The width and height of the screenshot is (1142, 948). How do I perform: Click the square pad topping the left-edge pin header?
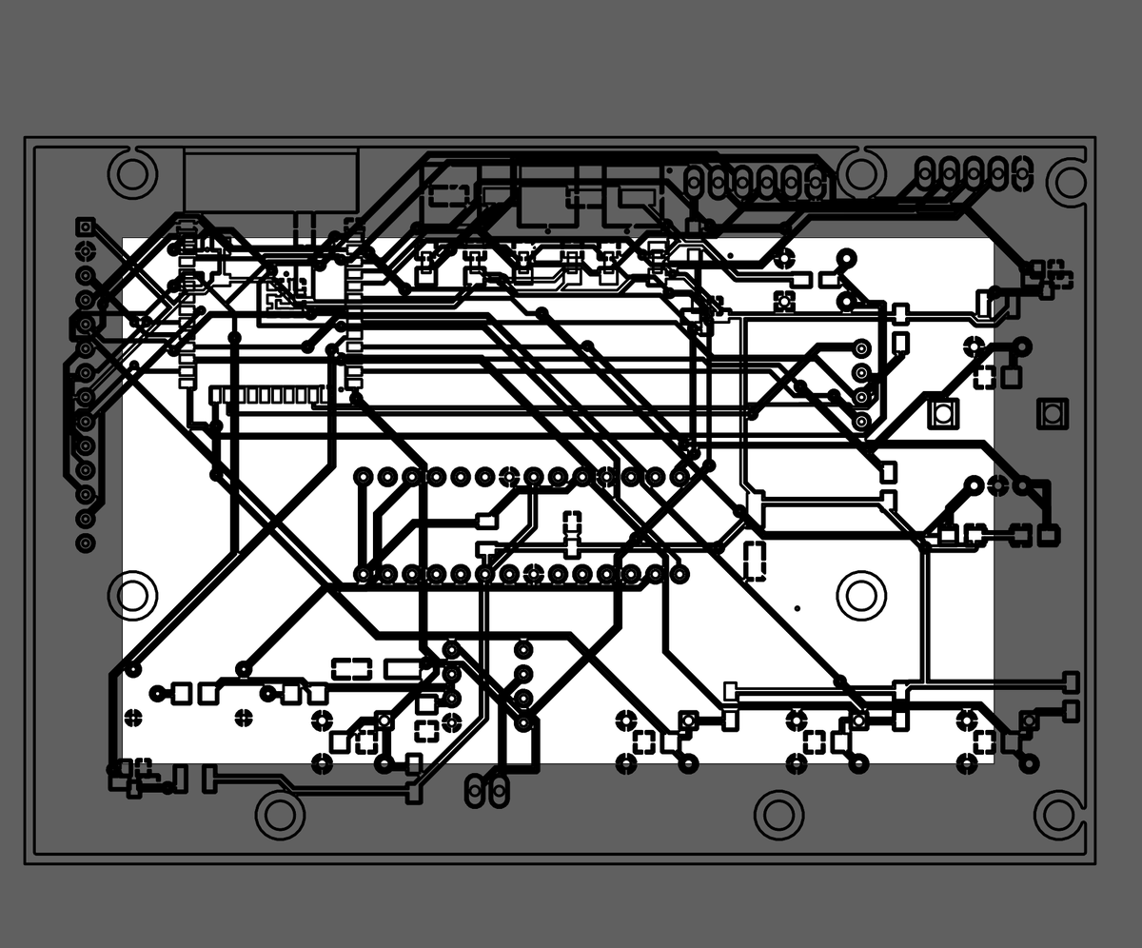85,227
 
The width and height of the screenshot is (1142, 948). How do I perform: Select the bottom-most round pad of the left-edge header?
85,543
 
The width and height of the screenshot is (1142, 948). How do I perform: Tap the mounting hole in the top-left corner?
132,172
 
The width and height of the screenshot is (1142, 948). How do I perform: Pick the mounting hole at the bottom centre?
778,815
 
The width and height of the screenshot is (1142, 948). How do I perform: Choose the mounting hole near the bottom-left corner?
280,814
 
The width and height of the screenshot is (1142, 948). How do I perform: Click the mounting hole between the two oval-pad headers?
861,172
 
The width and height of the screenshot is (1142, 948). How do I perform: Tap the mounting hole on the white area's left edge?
132,595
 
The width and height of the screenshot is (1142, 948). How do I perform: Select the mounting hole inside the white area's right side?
861,594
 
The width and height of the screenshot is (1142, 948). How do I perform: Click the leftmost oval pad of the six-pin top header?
696,180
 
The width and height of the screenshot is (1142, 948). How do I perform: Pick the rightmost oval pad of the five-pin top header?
1022,172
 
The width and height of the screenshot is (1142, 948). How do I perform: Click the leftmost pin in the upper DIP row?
363,476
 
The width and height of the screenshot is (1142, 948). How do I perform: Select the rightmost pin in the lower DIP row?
679,573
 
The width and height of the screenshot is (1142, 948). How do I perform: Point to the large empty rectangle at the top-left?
271,181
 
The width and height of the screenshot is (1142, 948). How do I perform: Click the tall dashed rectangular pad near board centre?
755,561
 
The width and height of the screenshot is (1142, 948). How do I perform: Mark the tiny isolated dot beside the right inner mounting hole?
797,608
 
